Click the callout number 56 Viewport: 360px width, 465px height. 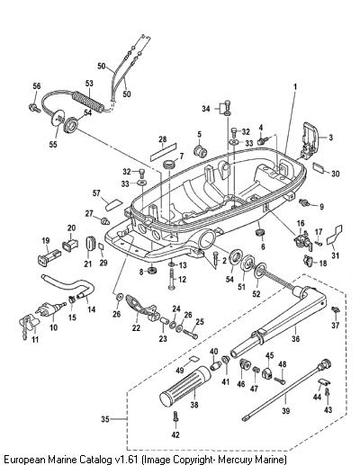pos(37,86)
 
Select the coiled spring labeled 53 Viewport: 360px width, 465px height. pos(88,101)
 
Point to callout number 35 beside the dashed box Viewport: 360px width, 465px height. pos(105,419)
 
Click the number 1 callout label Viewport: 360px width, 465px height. pos(295,86)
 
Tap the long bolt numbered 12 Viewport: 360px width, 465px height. pos(172,279)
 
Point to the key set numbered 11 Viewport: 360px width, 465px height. pos(29,326)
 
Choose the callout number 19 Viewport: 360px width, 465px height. pos(46,241)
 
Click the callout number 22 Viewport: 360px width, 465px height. pos(136,328)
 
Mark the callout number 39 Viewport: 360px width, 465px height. pos(286,410)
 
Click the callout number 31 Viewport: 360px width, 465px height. pos(335,255)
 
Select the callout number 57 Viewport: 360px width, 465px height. pos(96,193)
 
